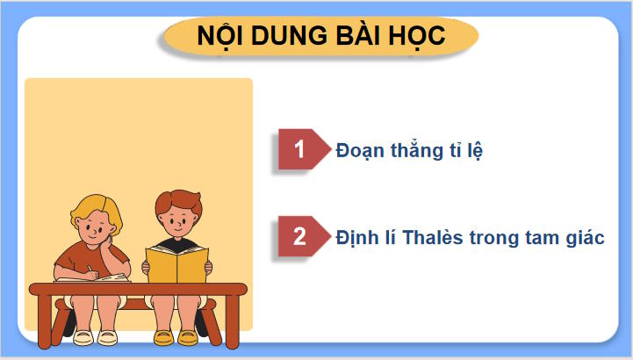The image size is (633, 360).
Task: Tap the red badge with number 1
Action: [299, 149]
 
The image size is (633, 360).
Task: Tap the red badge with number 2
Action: [299, 237]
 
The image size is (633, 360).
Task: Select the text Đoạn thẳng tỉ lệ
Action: [410, 150]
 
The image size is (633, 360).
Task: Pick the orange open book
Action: [177, 263]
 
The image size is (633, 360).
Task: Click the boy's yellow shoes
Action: [176, 336]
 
